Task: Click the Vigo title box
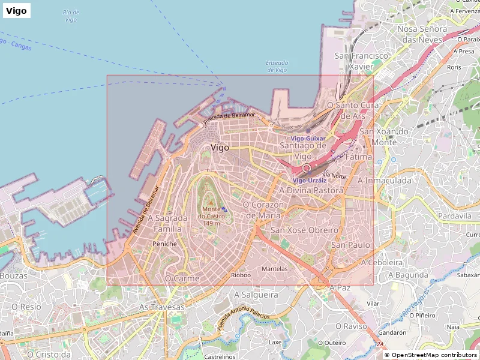point(16,10)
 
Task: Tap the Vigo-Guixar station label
point(308,138)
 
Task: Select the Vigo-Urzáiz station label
point(310,180)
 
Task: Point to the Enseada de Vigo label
point(277,66)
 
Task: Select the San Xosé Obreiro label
point(304,230)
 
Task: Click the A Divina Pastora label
point(311,190)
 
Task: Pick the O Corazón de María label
point(263,209)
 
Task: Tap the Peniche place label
point(164,244)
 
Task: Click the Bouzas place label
point(13,275)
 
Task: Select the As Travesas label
point(162,307)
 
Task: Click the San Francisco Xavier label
point(362,61)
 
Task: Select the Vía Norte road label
point(334,176)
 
